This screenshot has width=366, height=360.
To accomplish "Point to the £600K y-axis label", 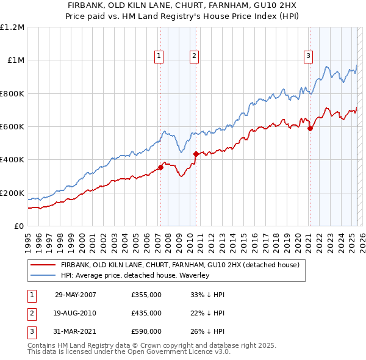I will (x=12, y=127).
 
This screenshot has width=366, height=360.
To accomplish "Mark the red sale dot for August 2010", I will (x=196, y=154).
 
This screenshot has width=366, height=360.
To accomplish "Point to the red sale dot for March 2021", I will (x=310, y=128).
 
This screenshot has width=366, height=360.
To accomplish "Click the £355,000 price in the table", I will (x=146, y=295).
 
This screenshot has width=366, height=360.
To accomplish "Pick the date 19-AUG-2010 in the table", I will (x=76, y=313).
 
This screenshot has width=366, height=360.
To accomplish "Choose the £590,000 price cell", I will (x=146, y=331).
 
